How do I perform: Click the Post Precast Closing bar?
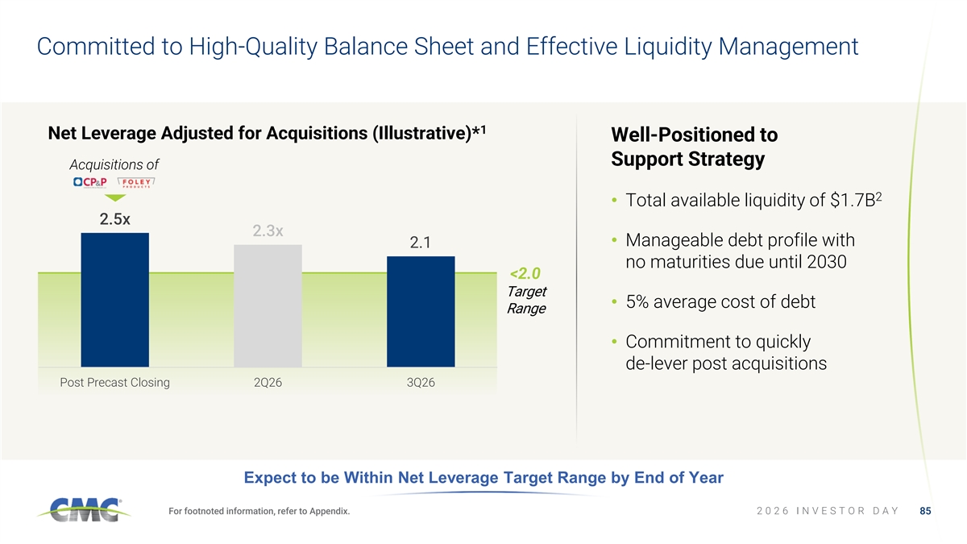click(x=114, y=300)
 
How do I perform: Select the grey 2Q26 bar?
click(x=268, y=305)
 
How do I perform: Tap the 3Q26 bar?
click(x=421, y=312)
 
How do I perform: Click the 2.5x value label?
click(x=114, y=219)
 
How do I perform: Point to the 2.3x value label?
click(x=268, y=231)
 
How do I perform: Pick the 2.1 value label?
click(x=420, y=243)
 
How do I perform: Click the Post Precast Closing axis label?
click(x=114, y=383)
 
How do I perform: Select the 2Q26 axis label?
click(x=268, y=383)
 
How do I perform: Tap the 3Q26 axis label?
click(x=421, y=383)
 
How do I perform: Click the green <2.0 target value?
click(x=525, y=273)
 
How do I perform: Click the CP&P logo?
click(x=89, y=182)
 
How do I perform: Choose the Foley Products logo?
click(x=136, y=182)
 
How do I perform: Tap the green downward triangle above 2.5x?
click(x=115, y=197)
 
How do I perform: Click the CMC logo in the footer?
click(x=84, y=509)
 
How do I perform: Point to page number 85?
click(x=925, y=511)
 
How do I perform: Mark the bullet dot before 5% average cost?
click(x=614, y=301)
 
